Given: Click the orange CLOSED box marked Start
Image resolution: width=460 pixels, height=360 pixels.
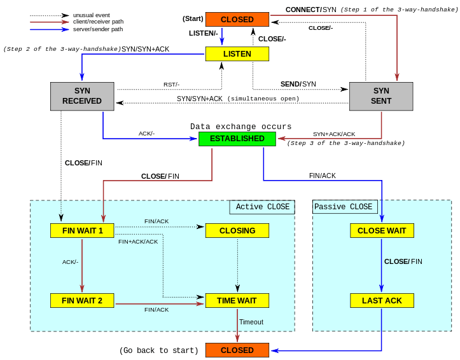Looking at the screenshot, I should (237, 20).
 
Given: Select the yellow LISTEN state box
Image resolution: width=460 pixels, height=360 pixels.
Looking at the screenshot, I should (237, 54).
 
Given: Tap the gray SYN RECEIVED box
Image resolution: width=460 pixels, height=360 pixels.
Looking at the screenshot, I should (82, 96).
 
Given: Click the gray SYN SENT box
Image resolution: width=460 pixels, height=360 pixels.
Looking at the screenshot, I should (381, 96).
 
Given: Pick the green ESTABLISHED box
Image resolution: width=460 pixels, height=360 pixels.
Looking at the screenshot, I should (237, 139).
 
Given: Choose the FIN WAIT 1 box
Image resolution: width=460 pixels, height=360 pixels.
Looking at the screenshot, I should (82, 230).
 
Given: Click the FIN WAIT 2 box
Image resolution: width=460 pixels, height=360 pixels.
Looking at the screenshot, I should (82, 300).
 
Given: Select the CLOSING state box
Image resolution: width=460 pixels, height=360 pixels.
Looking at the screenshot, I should (237, 230).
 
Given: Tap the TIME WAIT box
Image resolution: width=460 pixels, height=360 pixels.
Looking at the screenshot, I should (237, 300).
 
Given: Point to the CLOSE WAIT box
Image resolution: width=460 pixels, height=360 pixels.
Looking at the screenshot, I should (382, 230).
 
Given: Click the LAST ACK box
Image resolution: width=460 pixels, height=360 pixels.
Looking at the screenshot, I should (382, 300).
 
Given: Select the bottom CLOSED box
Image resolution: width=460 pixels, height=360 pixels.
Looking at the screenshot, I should (237, 350).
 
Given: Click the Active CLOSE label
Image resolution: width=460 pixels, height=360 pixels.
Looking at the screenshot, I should (262, 207).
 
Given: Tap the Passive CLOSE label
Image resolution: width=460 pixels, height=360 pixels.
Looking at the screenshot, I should (344, 207).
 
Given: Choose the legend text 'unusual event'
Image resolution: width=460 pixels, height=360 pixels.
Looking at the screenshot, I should (91, 15).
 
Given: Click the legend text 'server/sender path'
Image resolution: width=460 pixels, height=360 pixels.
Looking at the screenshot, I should (98, 29).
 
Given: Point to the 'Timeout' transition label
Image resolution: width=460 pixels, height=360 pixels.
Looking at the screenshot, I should (251, 322).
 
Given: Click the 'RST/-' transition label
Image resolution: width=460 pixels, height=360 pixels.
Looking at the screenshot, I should (171, 85).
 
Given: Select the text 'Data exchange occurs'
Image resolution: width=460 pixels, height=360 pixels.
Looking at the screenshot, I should (240, 127).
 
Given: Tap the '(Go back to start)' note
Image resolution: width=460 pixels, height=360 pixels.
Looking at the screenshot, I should (158, 350).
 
